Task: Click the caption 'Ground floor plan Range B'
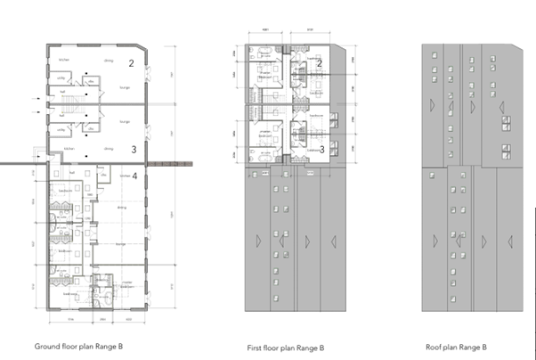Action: pyautogui.click(x=77, y=346)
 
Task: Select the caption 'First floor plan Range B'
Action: pyautogui.click(x=285, y=348)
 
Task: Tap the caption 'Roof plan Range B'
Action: pyautogui.click(x=459, y=346)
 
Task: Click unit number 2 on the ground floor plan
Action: pyautogui.click(x=131, y=63)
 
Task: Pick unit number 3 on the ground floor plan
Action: pyautogui.click(x=132, y=150)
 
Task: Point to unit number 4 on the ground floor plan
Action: pyautogui.click(x=134, y=176)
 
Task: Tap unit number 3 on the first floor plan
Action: pyautogui.click(x=321, y=150)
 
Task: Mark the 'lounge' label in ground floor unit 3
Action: pyautogui.click(x=126, y=121)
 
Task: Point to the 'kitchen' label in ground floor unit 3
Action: pyautogui.click(x=63, y=148)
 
